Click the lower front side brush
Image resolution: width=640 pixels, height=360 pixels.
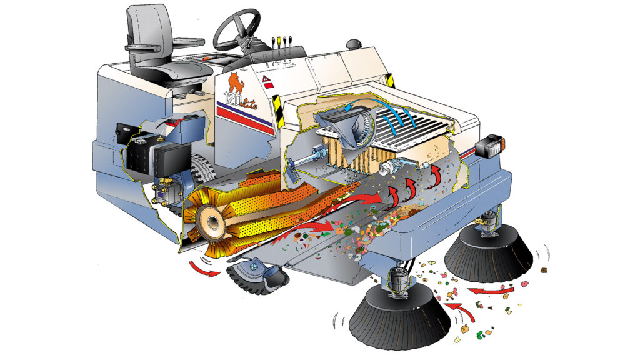[399, 316]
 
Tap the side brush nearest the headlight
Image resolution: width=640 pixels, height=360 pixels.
[489, 250]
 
